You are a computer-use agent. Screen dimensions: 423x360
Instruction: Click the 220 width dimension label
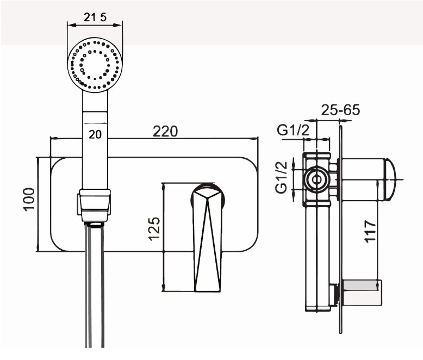point(165,132)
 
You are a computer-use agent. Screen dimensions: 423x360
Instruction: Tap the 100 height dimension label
point(29,199)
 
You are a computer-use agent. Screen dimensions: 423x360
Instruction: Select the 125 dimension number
point(154,229)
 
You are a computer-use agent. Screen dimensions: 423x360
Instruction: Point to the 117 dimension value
point(370,231)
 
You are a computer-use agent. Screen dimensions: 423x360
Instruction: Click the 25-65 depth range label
point(340,109)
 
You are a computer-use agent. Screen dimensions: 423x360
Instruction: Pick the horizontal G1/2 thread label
point(293,131)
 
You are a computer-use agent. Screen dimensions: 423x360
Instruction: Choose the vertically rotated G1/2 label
point(281,177)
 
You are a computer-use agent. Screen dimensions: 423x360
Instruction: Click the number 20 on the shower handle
point(95,134)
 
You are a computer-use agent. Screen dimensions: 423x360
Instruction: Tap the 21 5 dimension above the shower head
point(95,17)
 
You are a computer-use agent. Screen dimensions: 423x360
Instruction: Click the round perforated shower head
point(95,65)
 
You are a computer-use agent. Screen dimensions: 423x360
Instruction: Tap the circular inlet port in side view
point(316,179)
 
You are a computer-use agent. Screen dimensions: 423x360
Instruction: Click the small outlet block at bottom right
point(362,293)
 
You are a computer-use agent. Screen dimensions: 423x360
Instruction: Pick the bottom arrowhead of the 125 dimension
point(164,288)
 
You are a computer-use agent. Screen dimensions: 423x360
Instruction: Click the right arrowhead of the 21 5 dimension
point(117,26)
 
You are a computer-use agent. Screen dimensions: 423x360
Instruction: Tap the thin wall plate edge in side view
point(340,229)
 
